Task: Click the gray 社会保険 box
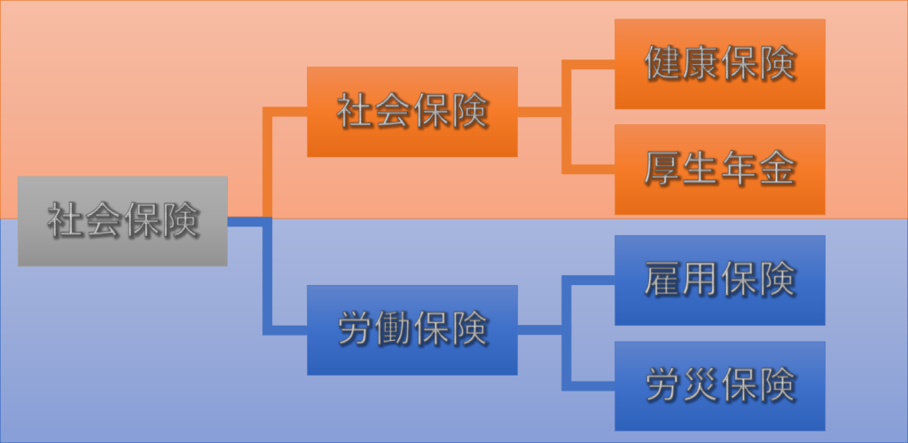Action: pyautogui.click(x=122, y=221)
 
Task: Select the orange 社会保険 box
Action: pyautogui.click(x=412, y=111)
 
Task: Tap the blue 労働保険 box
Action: pyautogui.click(x=412, y=330)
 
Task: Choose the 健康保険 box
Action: pyautogui.click(x=720, y=64)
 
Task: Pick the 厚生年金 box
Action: pyautogui.click(x=720, y=170)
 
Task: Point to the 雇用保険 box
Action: pyautogui.click(x=720, y=280)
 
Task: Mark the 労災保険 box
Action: pyautogui.click(x=720, y=386)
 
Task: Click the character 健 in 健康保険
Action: pyautogui.click(x=662, y=63)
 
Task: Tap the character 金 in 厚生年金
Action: pyautogui.click(x=777, y=169)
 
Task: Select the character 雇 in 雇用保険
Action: pyautogui.click(x=662, y=280)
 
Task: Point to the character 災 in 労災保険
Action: pyautogui.click(x=701, y=385)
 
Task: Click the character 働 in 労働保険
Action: pyautogui.click(x=393, y=329)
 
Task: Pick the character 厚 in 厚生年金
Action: pyautogui.click(x=662, y=169)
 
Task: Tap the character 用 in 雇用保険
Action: pyautogui.click(x=701, y=280)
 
